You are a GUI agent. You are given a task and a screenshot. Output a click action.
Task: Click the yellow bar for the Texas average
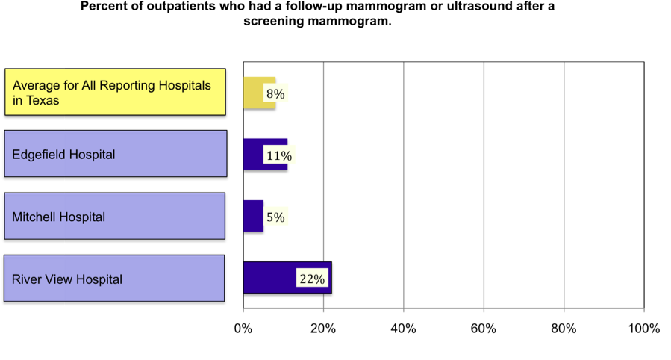[254, 93]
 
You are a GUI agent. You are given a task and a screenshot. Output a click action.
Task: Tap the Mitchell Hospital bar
[252, 216]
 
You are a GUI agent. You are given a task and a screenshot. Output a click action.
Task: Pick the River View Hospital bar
[269, 277]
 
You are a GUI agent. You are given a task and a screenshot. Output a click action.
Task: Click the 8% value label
[275, 94]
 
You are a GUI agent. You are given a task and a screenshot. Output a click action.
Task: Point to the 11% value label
[279, 156]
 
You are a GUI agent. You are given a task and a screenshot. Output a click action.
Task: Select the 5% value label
[275, 217]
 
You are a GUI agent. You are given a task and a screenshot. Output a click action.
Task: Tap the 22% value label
[311, 279]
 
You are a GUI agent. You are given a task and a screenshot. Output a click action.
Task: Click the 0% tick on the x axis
[243, 329]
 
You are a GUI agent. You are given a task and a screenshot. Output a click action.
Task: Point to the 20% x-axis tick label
[323, 329]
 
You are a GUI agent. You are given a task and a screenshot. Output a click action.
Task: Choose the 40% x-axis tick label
[403, 329]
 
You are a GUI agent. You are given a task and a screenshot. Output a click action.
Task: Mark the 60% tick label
[484, 329]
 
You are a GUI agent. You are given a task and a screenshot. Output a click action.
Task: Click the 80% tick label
[564, 329]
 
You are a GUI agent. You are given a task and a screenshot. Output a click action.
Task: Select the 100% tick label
[643, 329]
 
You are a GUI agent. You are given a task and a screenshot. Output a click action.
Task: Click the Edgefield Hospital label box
[116, 155]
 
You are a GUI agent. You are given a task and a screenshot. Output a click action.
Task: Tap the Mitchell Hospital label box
[115, 217]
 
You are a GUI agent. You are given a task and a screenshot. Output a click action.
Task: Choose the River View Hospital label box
[115, 279]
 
